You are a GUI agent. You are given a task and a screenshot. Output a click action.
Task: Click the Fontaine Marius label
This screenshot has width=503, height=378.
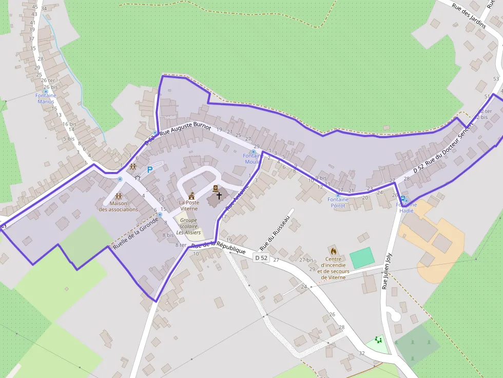pos(46,98)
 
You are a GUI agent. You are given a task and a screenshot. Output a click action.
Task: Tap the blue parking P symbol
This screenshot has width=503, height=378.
pos(150,170)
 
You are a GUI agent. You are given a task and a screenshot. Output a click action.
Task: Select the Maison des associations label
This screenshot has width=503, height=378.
pos(118,206)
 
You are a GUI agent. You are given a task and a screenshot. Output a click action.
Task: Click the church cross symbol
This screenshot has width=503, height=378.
pos(219,195)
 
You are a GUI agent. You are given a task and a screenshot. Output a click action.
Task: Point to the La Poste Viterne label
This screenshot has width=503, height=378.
pos(189,206)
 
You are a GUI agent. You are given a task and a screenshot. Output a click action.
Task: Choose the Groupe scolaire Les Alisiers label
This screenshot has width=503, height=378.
pos(188,226)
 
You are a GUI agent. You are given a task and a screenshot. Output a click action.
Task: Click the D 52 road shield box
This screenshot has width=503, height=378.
pos(261,258)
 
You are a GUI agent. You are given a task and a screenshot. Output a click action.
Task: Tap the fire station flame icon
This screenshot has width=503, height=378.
pos(333,251)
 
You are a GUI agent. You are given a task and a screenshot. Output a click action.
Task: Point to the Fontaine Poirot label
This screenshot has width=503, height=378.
pos(338,202)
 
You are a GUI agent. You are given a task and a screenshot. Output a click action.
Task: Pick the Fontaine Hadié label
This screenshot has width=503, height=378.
pos(407,208)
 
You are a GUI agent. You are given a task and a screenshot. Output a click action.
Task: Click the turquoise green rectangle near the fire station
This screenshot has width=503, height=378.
pos(362,257)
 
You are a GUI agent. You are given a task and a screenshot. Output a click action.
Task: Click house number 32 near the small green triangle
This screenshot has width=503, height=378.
pos(362,353)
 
